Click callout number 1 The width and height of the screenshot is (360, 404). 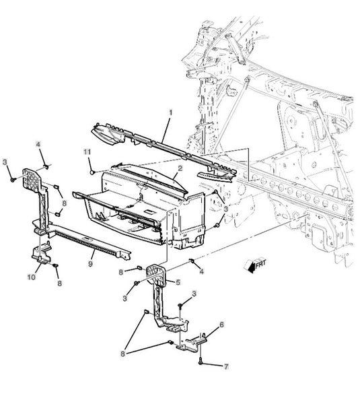coord(170,112)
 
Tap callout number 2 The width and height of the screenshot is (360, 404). coord(180,168)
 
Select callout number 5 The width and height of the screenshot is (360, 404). coord(178,282)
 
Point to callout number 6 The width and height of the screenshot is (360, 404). coord(221,325)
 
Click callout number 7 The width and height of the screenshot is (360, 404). coord(226,366)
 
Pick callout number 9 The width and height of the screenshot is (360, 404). coord(90,264)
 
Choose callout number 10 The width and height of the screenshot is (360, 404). coord(31,277)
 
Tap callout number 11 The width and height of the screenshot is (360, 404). coord(87,151)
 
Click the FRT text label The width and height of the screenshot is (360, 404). coord(260,263)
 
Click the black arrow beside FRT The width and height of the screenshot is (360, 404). coord(249,267)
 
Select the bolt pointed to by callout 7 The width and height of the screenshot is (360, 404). coord(201,360)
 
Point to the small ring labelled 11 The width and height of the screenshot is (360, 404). coord(92,172)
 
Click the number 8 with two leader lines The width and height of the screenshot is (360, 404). coord(123,353)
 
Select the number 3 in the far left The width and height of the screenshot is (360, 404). coord(5,162)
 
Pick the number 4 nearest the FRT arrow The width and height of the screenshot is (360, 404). coord(202,271)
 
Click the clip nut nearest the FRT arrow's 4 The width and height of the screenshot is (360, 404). coord(192,261)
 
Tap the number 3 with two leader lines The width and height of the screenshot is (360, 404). coord(226,209)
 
